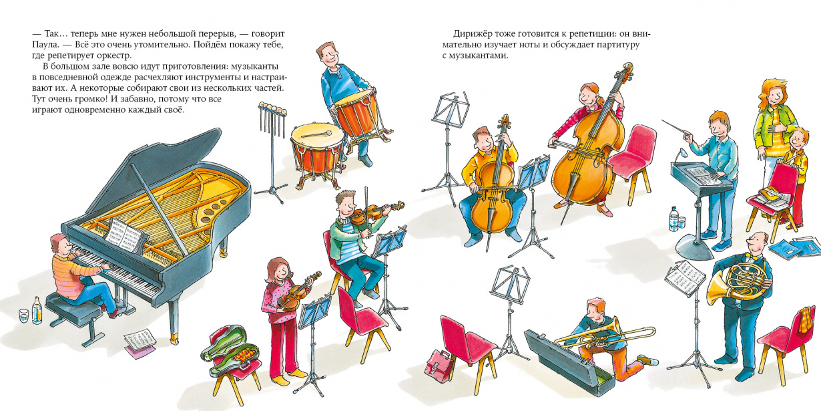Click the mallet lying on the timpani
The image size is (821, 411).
coord(316,134)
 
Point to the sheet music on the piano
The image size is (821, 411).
coord(124,235)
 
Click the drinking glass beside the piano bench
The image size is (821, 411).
coord(24,315)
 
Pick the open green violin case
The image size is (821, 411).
coord(229,347)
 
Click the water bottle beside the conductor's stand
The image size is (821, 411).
coord(673,219)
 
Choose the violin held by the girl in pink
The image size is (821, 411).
coord(298,292)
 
